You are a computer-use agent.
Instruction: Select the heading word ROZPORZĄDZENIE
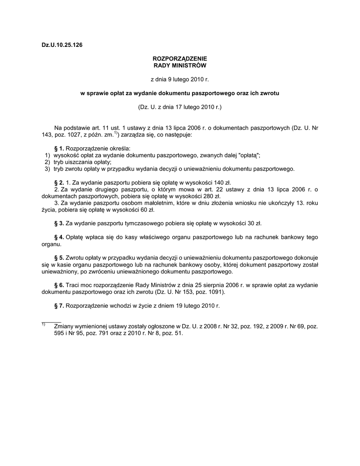pos(179,59)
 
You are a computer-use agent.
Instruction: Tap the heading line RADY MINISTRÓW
pos(179,66)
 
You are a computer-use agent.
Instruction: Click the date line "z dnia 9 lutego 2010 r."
pos(179,79)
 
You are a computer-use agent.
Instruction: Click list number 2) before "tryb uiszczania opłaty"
pos(47,162)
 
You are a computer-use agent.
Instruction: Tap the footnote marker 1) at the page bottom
pos(43,324)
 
